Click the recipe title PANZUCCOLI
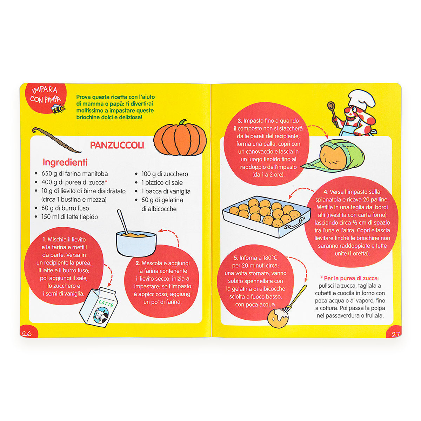(x=117, y=145)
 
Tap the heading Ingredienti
(x=65, y=162)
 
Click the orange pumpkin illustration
(x=180, y=138)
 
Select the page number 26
(x=27, y=333)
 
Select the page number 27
(x=395, y=334)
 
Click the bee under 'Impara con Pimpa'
(x=59, y=108)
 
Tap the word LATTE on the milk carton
(x=106, y=303)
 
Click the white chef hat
(x=361, y=99)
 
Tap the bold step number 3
(x=240, y=121)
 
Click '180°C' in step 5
(x=270, y=258)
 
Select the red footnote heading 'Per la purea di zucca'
(x=351, y=278)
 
